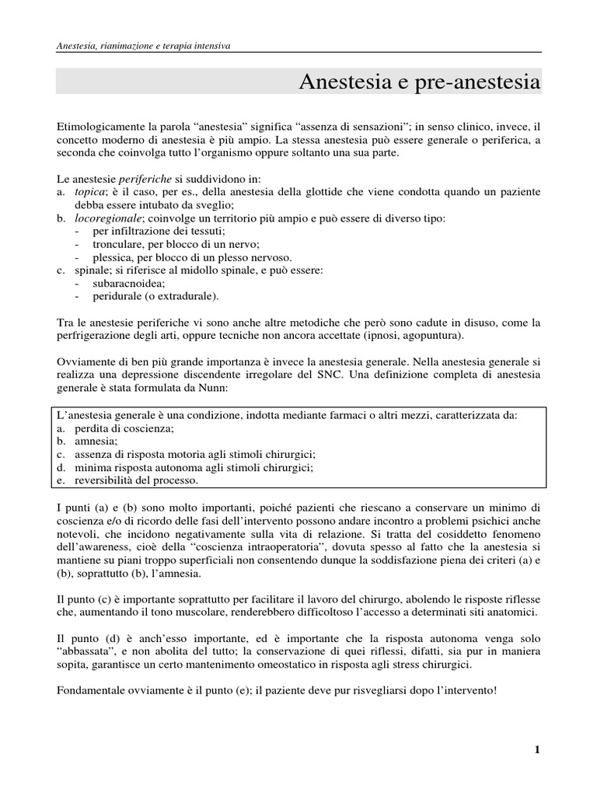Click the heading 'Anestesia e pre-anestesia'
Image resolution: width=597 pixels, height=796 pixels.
(x=419, y=82)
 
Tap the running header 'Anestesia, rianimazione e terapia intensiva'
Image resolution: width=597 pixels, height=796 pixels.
(x=144, y=46)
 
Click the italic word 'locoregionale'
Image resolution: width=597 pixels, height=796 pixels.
(x=106, y=219)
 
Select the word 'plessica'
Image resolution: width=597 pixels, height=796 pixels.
(x=113, y=257)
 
